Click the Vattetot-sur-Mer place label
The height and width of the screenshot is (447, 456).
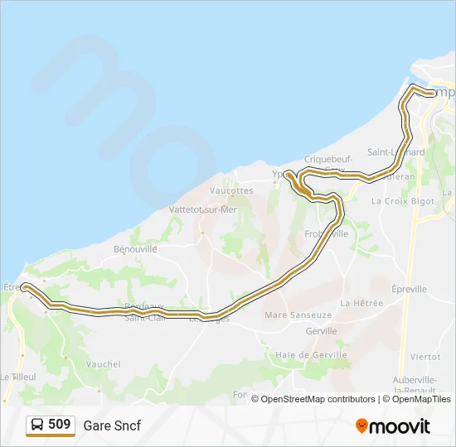(x=203, y=210)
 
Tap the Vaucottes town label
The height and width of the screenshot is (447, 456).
(x=231, y=190)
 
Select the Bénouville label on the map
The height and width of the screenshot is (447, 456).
(x=136, y=248)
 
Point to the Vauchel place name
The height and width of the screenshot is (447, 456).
(x=104, y=364)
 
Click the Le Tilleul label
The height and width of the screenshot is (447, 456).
(x=17, y=377)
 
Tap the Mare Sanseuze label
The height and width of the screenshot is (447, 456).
(x=298, y=315)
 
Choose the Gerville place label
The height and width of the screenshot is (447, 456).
(x=321, y=331)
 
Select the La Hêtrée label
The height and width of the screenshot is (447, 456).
(x=361, y=304)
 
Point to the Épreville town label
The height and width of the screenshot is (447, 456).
(x=409, y=290)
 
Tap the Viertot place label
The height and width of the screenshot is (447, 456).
(x=425, y=356)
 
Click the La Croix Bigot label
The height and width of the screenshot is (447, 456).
(x=403, y=201)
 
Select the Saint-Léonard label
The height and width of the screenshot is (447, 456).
(x=396, y=152)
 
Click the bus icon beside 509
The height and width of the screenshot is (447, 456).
(x=37, y=425)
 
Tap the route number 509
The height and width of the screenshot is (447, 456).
(x=60, y=425)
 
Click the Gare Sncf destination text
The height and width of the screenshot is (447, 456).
(x=112, y=425)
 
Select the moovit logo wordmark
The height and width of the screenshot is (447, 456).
(x=400, y=425)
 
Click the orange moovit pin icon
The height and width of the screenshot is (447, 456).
(x=361, y=425)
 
